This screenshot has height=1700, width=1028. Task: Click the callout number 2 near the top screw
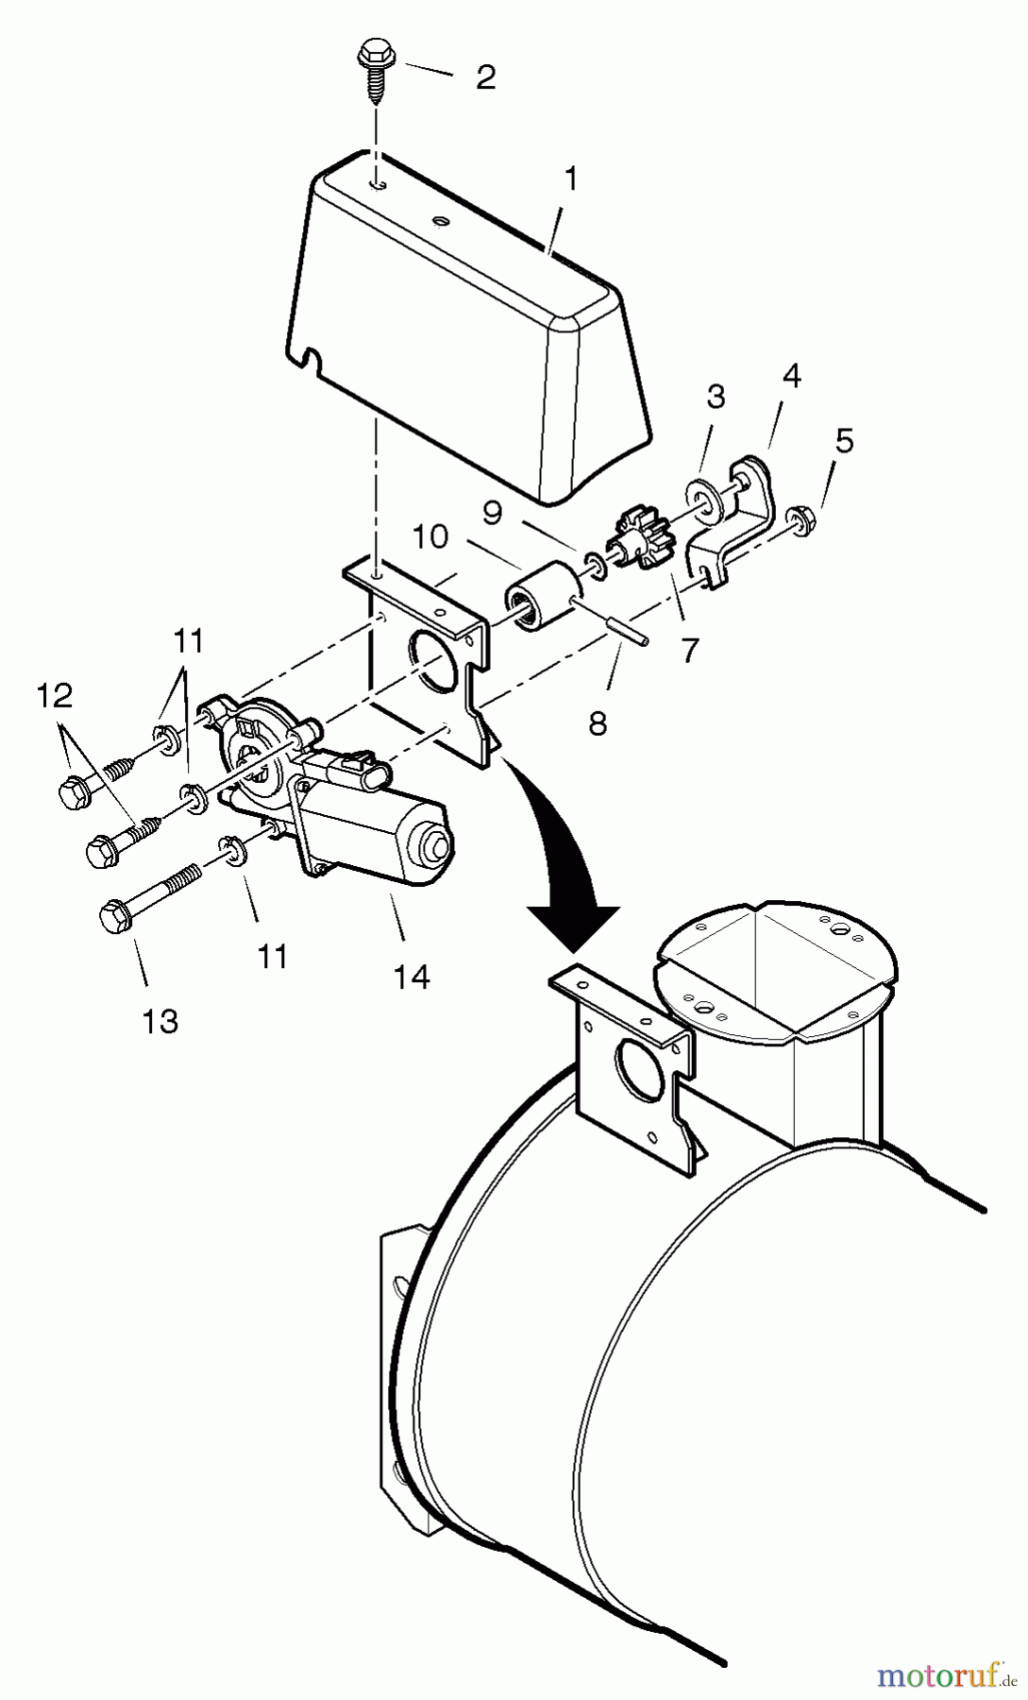pyautogui.click(x=485, y=76)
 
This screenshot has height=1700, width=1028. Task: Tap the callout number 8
pyautogui.click(x=598, y=724)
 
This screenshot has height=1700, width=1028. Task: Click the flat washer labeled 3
pyautogui.click(x=700, y=496)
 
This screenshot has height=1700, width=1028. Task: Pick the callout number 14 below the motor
pyautogui.click(x=413, y=977)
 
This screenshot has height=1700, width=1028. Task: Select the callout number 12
pyautogui.click(x=54, y=697)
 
